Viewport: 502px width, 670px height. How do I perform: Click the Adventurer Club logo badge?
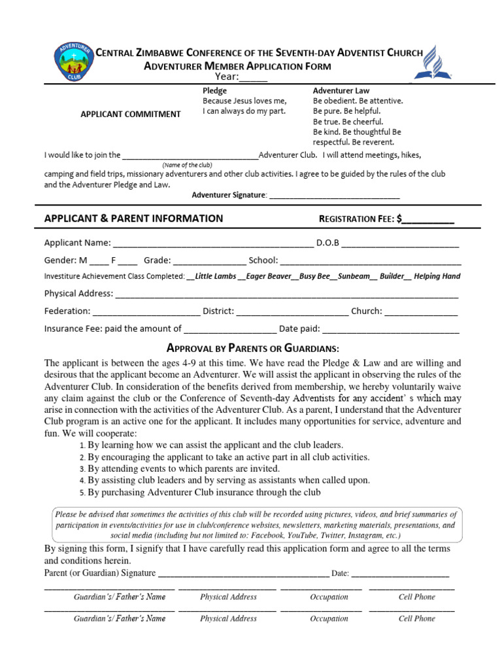tap(69, 63)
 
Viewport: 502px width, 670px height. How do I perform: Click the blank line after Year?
tap(254, 79)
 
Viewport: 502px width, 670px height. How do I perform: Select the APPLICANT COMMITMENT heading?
tap(130, 114)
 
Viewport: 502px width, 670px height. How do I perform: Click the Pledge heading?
tap(215, 91)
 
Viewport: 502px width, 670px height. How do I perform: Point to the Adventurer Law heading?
tap(341, 91)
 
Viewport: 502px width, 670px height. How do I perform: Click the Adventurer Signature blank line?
tap(334, 196)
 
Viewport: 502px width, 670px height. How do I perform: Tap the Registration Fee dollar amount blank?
tap(428, 219)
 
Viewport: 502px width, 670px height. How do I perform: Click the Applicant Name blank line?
tap(213, 243)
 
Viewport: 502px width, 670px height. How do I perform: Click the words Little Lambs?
tap(216, 277)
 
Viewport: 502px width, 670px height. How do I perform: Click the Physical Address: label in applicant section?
tap(78, 294)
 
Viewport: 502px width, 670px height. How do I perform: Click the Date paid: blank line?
tap(390, 329)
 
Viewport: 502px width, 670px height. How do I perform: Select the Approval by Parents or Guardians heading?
tap(253, 347)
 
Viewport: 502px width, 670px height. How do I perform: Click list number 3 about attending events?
tap(82, 469)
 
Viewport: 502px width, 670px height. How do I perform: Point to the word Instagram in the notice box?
tap(363, 535)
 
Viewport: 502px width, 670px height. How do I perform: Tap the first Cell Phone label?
tap(416, 597)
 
